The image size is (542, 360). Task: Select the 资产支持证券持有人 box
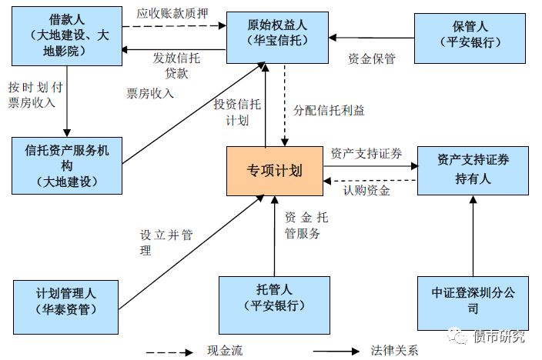[x=473, y=169]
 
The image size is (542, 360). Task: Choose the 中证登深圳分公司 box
[x=473, y=301]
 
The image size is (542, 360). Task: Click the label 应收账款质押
[x=172, y=13]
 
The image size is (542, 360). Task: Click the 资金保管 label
[x=371, y=58]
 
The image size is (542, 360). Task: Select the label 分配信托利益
[x=329, y=110]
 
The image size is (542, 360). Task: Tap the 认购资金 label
[x=366, y=190]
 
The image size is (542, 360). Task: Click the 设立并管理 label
[x=164, y=243]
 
